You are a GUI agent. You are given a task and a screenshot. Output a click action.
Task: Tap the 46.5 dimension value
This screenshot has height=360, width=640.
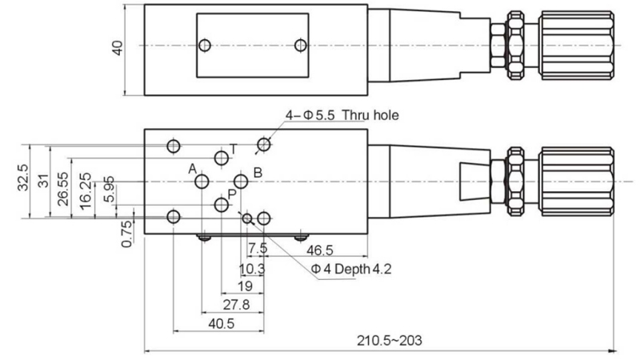tap(323, 250)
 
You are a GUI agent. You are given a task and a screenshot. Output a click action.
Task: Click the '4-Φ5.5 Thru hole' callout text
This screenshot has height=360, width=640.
tap(342, 116)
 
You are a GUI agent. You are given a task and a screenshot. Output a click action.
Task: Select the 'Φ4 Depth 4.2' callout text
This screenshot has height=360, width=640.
tap(351, 269)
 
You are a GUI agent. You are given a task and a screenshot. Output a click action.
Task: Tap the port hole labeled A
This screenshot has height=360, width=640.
tap(203, 182)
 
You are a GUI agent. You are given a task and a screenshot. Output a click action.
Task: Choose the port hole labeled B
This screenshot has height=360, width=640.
tap(241, 182)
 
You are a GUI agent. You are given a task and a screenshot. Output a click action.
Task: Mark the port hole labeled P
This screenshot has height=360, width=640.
tap(222, 206)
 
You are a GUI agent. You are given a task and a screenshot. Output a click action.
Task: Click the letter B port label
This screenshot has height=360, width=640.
tap(258, 172)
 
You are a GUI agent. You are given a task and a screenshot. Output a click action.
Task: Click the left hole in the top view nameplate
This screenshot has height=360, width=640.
tap(206, 46)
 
